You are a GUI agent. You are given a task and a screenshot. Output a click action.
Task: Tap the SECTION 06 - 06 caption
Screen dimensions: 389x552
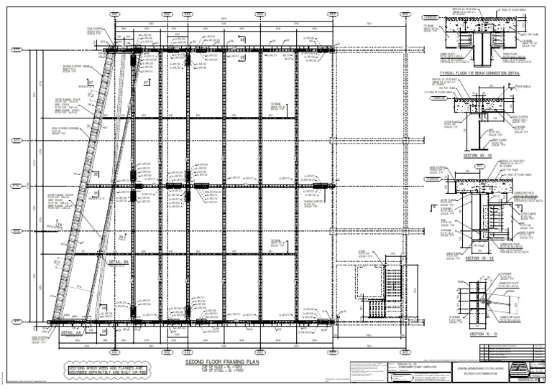pyautogui.click(x=480, y=155)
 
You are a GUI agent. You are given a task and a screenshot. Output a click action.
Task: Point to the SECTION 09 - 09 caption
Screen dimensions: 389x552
pyautogui.click(x=481, y=258)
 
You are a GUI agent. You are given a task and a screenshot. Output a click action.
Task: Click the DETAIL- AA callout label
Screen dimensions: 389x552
pyautogui.click(x=74, y=333)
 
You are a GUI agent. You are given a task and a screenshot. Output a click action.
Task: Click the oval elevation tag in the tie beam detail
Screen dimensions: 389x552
pyautogui.click(x=431, y=14)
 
